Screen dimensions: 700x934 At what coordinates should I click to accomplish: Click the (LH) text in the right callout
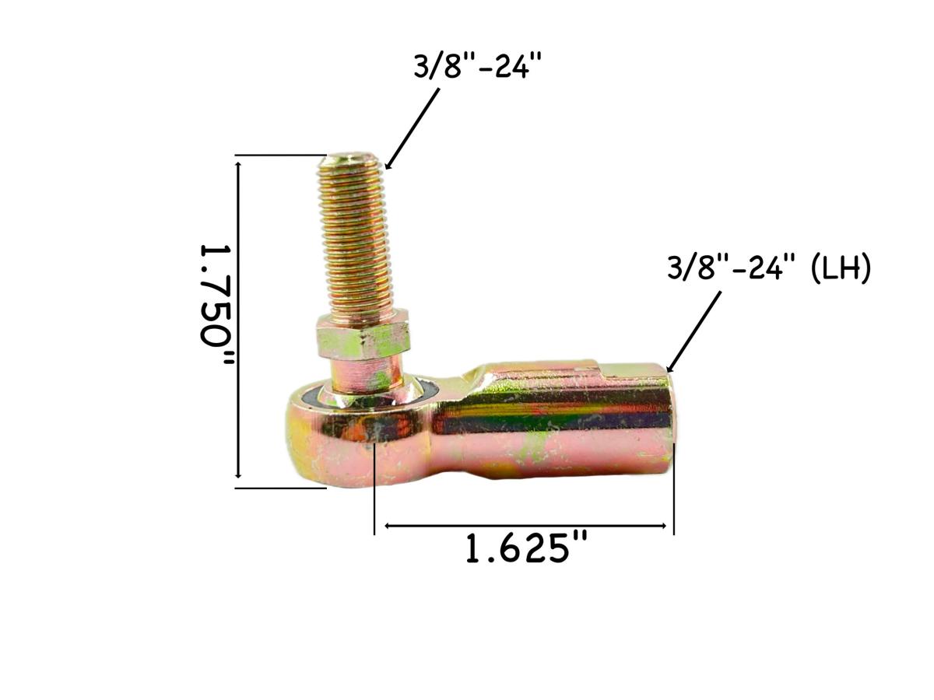(x=840, y=270)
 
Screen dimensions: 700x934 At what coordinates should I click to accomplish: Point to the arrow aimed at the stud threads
(x=413, y=128)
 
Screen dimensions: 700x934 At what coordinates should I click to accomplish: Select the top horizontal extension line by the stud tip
(x=280, y=156)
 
